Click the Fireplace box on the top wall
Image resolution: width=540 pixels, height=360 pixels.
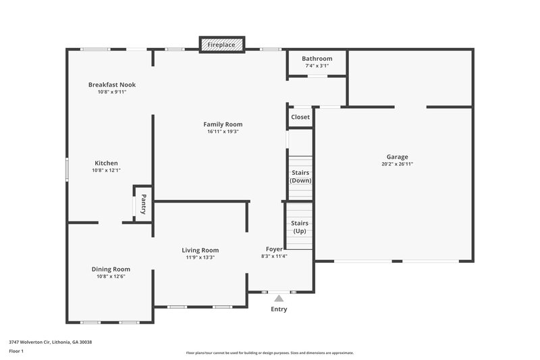[x=221, y=45]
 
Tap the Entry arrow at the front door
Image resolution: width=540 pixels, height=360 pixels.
[x=279, y=297]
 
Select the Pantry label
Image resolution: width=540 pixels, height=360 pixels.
[x=144, y=203]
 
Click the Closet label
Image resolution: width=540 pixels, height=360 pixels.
[x=300, y=117]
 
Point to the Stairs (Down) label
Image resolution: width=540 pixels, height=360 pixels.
[x=300, y=176]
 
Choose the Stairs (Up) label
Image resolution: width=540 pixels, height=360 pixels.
[x=300, y=227]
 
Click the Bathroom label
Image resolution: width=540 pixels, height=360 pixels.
[x=317, y=59]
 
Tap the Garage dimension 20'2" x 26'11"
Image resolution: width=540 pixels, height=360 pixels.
[x=397, y=164]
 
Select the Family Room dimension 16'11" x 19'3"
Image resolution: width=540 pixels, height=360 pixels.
[x=223, y=132]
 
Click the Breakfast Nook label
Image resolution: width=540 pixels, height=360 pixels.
[x=112, y=84]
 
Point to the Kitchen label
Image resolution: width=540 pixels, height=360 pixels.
[x=106, y=163]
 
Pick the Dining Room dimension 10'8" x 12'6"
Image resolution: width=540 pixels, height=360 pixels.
[x=111, y=276]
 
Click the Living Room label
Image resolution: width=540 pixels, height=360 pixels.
[x=200, y=250]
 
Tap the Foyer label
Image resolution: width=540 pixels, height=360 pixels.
[x=274, y=249]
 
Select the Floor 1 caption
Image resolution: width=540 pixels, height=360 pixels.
[x=16, y=351]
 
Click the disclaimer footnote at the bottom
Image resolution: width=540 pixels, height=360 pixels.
[x=269, y=353]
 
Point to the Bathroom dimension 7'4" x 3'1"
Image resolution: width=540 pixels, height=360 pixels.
[x=317, y=66]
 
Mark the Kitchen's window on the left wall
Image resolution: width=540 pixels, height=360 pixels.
[x=66, y=169]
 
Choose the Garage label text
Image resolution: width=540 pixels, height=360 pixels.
[x=397, y=157]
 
